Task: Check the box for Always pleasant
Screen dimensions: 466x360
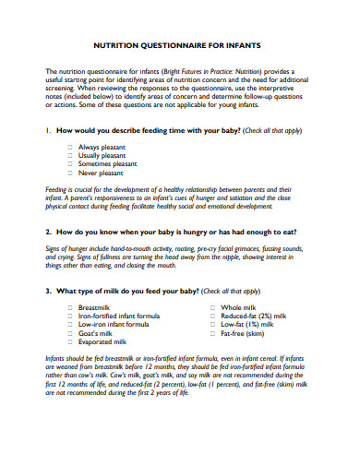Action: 70,148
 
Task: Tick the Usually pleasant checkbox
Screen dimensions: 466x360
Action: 70,156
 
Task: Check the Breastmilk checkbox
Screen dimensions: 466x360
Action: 70,306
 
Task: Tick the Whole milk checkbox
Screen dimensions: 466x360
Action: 211,306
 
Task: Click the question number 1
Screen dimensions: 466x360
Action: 47,131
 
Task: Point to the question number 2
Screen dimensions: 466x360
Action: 47,233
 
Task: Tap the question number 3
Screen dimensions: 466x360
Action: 47,291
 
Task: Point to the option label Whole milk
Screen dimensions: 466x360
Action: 237,306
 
